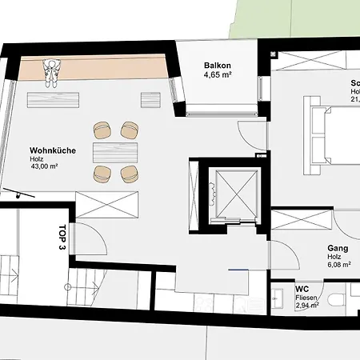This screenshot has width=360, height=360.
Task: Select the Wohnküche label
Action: [52, 150]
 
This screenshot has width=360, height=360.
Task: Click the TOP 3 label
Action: [62, 238]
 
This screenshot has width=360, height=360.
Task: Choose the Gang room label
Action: [337, 249]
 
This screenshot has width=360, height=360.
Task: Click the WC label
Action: [302, 289]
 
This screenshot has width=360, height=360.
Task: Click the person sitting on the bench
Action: [52, 72]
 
